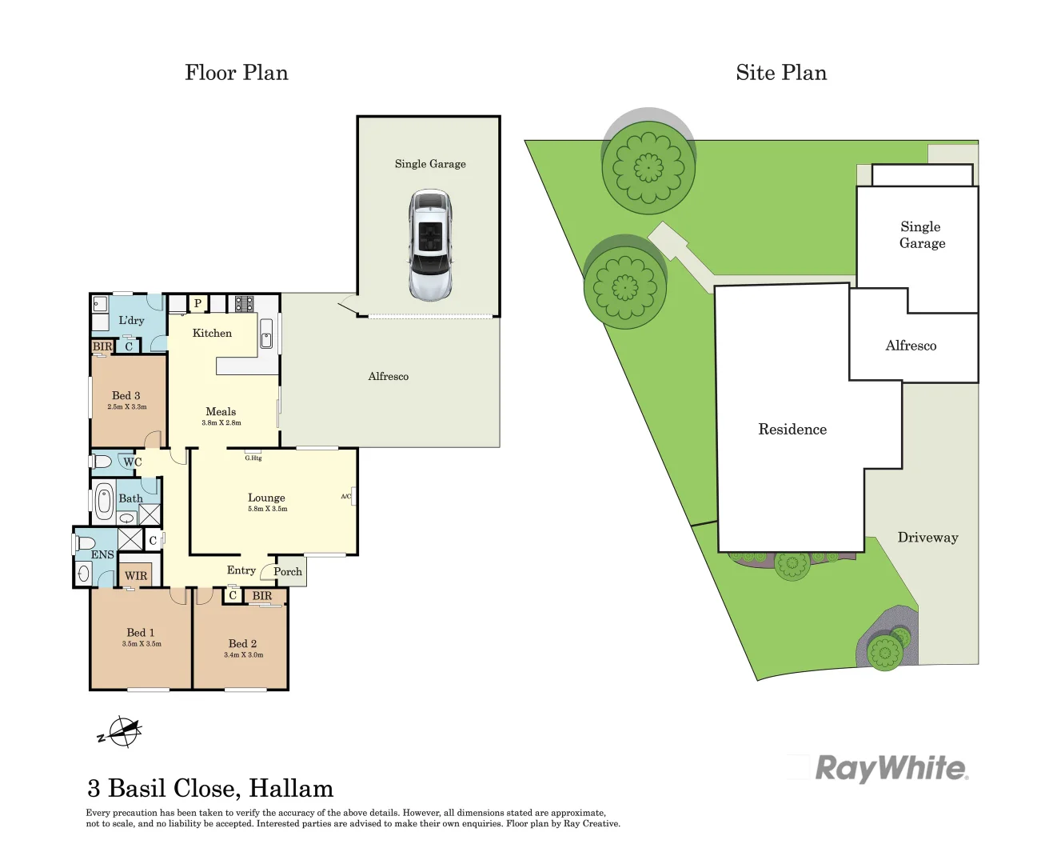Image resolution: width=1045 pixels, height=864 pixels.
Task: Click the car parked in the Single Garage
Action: pyautogui.click(x=430, y=245)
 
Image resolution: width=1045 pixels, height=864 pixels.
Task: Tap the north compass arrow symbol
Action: pyautogui.click(x=122, y=731)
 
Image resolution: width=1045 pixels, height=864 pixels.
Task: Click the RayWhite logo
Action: pyautogui.click(x=891, y=768)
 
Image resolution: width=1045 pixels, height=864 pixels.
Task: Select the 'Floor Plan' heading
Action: pyautogui.click(x=236, y=73)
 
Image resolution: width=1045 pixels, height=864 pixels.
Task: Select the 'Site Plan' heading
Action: pyautogui.click(x=780, y=73)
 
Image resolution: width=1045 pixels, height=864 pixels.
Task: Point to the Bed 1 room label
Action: pyautogui.click(x=141, y=633)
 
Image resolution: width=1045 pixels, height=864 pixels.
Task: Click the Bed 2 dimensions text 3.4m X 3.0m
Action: pyautogui.click(x=243, y=655)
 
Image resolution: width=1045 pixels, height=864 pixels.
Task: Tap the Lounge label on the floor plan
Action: pyautogui.click(x=266, y=498)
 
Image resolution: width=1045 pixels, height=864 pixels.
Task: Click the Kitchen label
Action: pyautogui.click(x=212, y=333)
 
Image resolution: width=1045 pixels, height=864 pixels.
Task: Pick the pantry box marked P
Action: pyautogui.click(x=197, y=303)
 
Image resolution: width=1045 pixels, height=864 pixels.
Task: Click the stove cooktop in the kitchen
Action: pyautogui.click(x=244, y=303)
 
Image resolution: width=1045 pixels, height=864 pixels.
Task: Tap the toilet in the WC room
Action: pyautogui.click(x=102, y=462)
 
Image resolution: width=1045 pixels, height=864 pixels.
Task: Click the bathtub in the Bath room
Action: pyautogui.click(x=104, y=501)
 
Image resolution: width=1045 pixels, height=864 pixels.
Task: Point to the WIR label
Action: pyautogui.click(x=136, y=576)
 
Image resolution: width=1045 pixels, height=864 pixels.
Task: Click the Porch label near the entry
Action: pyautogui.click(x=288, y=571)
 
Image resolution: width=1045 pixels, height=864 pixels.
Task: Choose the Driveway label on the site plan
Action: pyautogui.click(x=927, y=538)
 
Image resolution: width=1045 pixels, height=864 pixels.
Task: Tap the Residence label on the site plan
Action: pyautogui.click(x=792, y=430)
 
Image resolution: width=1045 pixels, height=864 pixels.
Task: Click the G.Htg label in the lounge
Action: pyautogui.click(x=253, y=458)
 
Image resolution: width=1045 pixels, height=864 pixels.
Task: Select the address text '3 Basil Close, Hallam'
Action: pyautogui.click(x=210, y=789)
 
